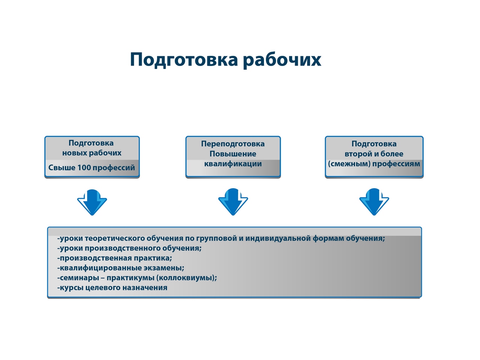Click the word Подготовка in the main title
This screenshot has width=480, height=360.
tap(184, 60)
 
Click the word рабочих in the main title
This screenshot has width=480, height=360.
tap(282, 60)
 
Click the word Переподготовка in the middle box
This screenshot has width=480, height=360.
tap(232, 144)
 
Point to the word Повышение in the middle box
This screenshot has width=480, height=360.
tap(232, 154)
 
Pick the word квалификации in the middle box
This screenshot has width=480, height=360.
tap(232, 164)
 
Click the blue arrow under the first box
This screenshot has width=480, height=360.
tap(92, 202)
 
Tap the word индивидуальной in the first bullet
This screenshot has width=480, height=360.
tap(277, 238)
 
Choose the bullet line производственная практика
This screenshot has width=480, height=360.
tap(115, 258)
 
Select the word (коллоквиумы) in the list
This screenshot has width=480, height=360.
tap(186, 278)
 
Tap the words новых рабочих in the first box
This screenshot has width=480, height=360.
tap(92, 153)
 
